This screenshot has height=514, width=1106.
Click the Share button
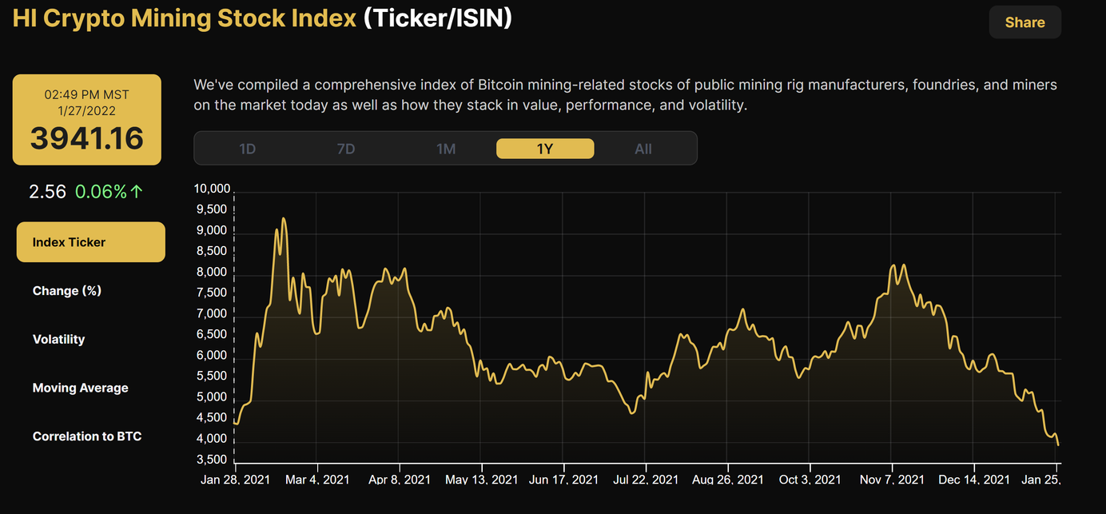click(x=1024, y=22)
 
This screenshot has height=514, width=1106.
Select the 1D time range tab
click(x=248, y=149)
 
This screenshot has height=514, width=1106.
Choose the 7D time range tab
click(x=346, y=149)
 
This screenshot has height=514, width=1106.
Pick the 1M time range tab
click(x=446, y=149)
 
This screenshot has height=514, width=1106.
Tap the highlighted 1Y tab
click(x=545, y=149)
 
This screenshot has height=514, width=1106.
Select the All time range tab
click(x=643, y=149)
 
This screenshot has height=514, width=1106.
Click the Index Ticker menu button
click(x=90, y=242)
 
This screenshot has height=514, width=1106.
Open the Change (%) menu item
click(x=67, y=291)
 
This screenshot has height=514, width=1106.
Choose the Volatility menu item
click(x=58, y=339)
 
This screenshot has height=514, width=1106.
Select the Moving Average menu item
click(x=80, y=388)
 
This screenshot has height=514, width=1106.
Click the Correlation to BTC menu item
click(x=86, y=436)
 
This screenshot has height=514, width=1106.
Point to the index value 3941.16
click(x=86, y=138)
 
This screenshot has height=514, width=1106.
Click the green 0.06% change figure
click(x=101, y=192)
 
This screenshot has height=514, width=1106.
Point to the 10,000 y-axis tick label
click(x=212, y=189)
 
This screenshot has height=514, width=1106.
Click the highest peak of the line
click(x=283, y=218)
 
